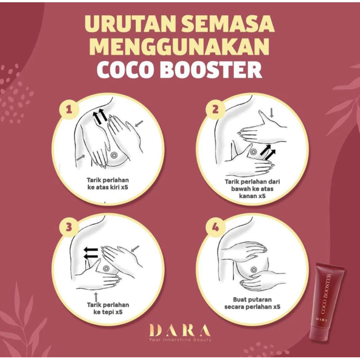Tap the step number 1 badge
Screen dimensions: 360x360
[69, 109]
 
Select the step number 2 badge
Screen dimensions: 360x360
[216, 109]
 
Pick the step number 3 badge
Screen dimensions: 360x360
[69, 228]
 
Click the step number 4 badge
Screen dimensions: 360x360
[216, 228]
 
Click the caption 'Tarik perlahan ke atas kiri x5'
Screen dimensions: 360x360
[108, 184]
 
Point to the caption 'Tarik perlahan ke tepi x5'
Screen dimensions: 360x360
[108, 308]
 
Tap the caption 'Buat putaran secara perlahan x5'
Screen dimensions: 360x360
[252, 303]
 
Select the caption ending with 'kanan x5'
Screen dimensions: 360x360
[252, 189]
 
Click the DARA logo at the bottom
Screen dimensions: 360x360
[180, 330]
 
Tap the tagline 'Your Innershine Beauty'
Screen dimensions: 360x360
[180, 340]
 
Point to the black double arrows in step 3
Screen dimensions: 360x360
[90, 253]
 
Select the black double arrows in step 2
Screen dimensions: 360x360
[268, 152]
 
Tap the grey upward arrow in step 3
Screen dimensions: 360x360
[96, 297]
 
